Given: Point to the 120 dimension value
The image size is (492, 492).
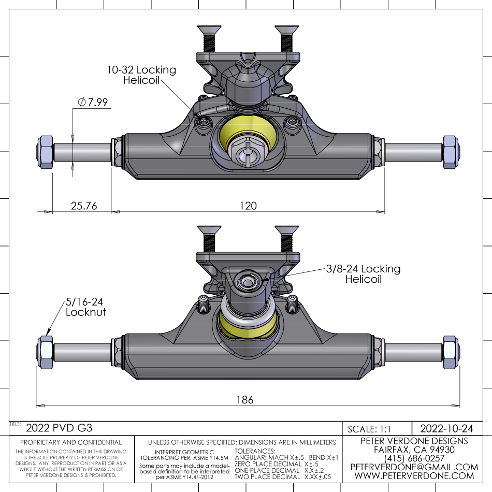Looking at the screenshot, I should (x=248, y=206).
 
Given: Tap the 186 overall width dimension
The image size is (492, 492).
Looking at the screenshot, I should (x=245, y=399).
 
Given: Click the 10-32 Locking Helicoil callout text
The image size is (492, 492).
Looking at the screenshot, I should (x=141, y=75).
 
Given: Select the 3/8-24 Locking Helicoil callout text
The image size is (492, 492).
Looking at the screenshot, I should (x=364, y=274).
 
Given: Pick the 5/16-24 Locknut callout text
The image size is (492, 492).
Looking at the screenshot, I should (x=86, y=307).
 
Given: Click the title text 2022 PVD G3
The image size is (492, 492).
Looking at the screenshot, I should (x=59, y=428).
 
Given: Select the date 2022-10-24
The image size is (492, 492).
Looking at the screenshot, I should (x=446, y=428).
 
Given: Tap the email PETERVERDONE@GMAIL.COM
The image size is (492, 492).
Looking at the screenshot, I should (x=414, y=467).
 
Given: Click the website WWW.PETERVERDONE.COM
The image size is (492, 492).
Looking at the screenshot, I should (x=414, y=476).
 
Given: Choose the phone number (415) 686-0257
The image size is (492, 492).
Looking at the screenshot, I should (x=414, y=458).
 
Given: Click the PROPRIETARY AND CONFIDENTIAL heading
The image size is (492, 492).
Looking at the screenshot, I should (x=70, y=442).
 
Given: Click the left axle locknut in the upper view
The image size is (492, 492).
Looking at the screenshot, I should (x=44, y=151).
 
